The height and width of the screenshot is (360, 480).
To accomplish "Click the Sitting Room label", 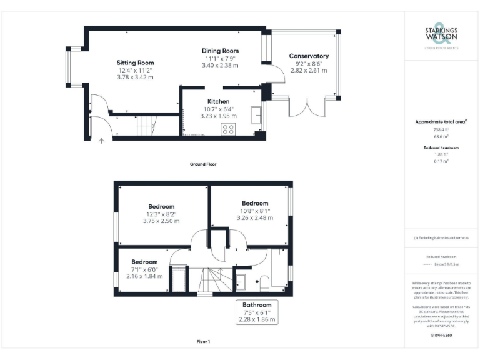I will tap(136, 62).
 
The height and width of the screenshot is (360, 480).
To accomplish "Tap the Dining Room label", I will tap(220, 51).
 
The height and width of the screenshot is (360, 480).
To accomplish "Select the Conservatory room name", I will tap(308, 56).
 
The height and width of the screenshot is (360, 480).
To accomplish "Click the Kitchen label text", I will tap(218, 101).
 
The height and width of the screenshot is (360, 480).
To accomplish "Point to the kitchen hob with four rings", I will tap(229, 129).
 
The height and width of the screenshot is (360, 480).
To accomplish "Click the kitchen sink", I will tap(256, 116).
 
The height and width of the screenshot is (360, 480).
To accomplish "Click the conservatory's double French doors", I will tap(306, 106).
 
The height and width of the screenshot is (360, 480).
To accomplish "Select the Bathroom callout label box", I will tap(257, 312).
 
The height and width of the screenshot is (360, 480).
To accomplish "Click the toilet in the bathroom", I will tap(264, 283).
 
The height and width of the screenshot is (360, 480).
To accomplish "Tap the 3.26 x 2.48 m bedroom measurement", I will tap(255, 218).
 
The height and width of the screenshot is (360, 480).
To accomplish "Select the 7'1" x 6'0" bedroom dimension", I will tap(144, 269).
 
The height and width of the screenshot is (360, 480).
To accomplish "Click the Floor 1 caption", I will tap(203, 342).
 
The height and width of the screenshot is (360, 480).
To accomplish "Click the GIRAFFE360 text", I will tap(441, 336).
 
